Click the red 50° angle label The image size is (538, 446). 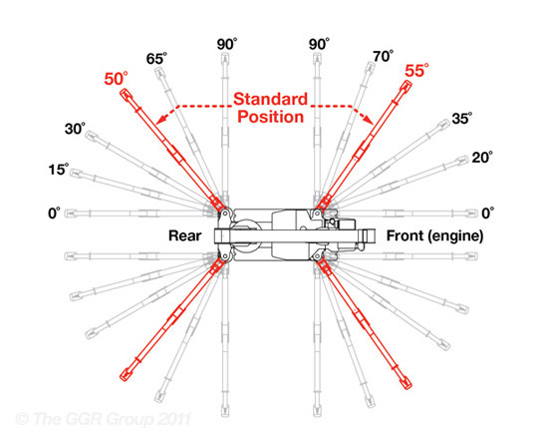[x=116, y=79]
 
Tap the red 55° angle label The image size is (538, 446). [x=416, y=71]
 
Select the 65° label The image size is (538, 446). [x=156, y=59]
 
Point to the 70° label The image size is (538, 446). [x=384, y=56]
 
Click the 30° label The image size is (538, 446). [x=75, y=129]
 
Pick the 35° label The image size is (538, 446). [x=462, y=118]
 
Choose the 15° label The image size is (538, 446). [x=59, y=170]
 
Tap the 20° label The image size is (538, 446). [x=482, y=158]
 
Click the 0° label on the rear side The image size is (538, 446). [x=54, y=214]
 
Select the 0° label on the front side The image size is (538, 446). [x=488, y=214]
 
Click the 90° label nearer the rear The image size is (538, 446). [x=227, y=44]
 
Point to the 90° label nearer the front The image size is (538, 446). [x=319, y=44]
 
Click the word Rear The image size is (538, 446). [x=185, y=235]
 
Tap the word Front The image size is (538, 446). [x=404, y=235]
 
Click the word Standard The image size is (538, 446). [x=270, y=100]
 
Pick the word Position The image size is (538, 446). [x=271, y=117]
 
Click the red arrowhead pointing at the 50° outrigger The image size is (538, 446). [x=160, y=119]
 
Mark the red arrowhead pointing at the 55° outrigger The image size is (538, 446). [x=369, y=119]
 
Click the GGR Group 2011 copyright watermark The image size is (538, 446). [x=103, y=419]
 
